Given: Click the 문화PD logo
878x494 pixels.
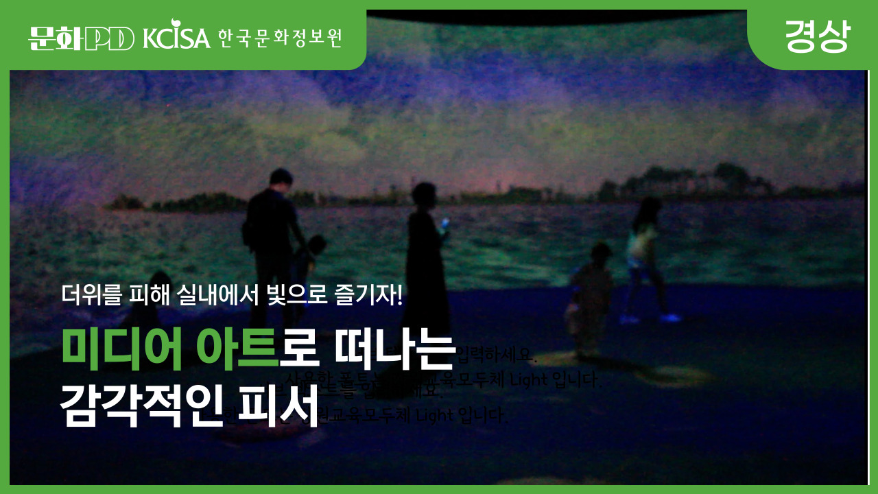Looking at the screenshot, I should coord(81,38).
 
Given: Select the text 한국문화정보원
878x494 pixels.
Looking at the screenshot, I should coord(280,38).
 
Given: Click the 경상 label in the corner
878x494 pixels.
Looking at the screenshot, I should coord(817,36).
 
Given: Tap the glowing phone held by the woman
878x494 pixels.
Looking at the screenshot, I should coord(444,222).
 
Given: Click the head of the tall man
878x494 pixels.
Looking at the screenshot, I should coord(281,180).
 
